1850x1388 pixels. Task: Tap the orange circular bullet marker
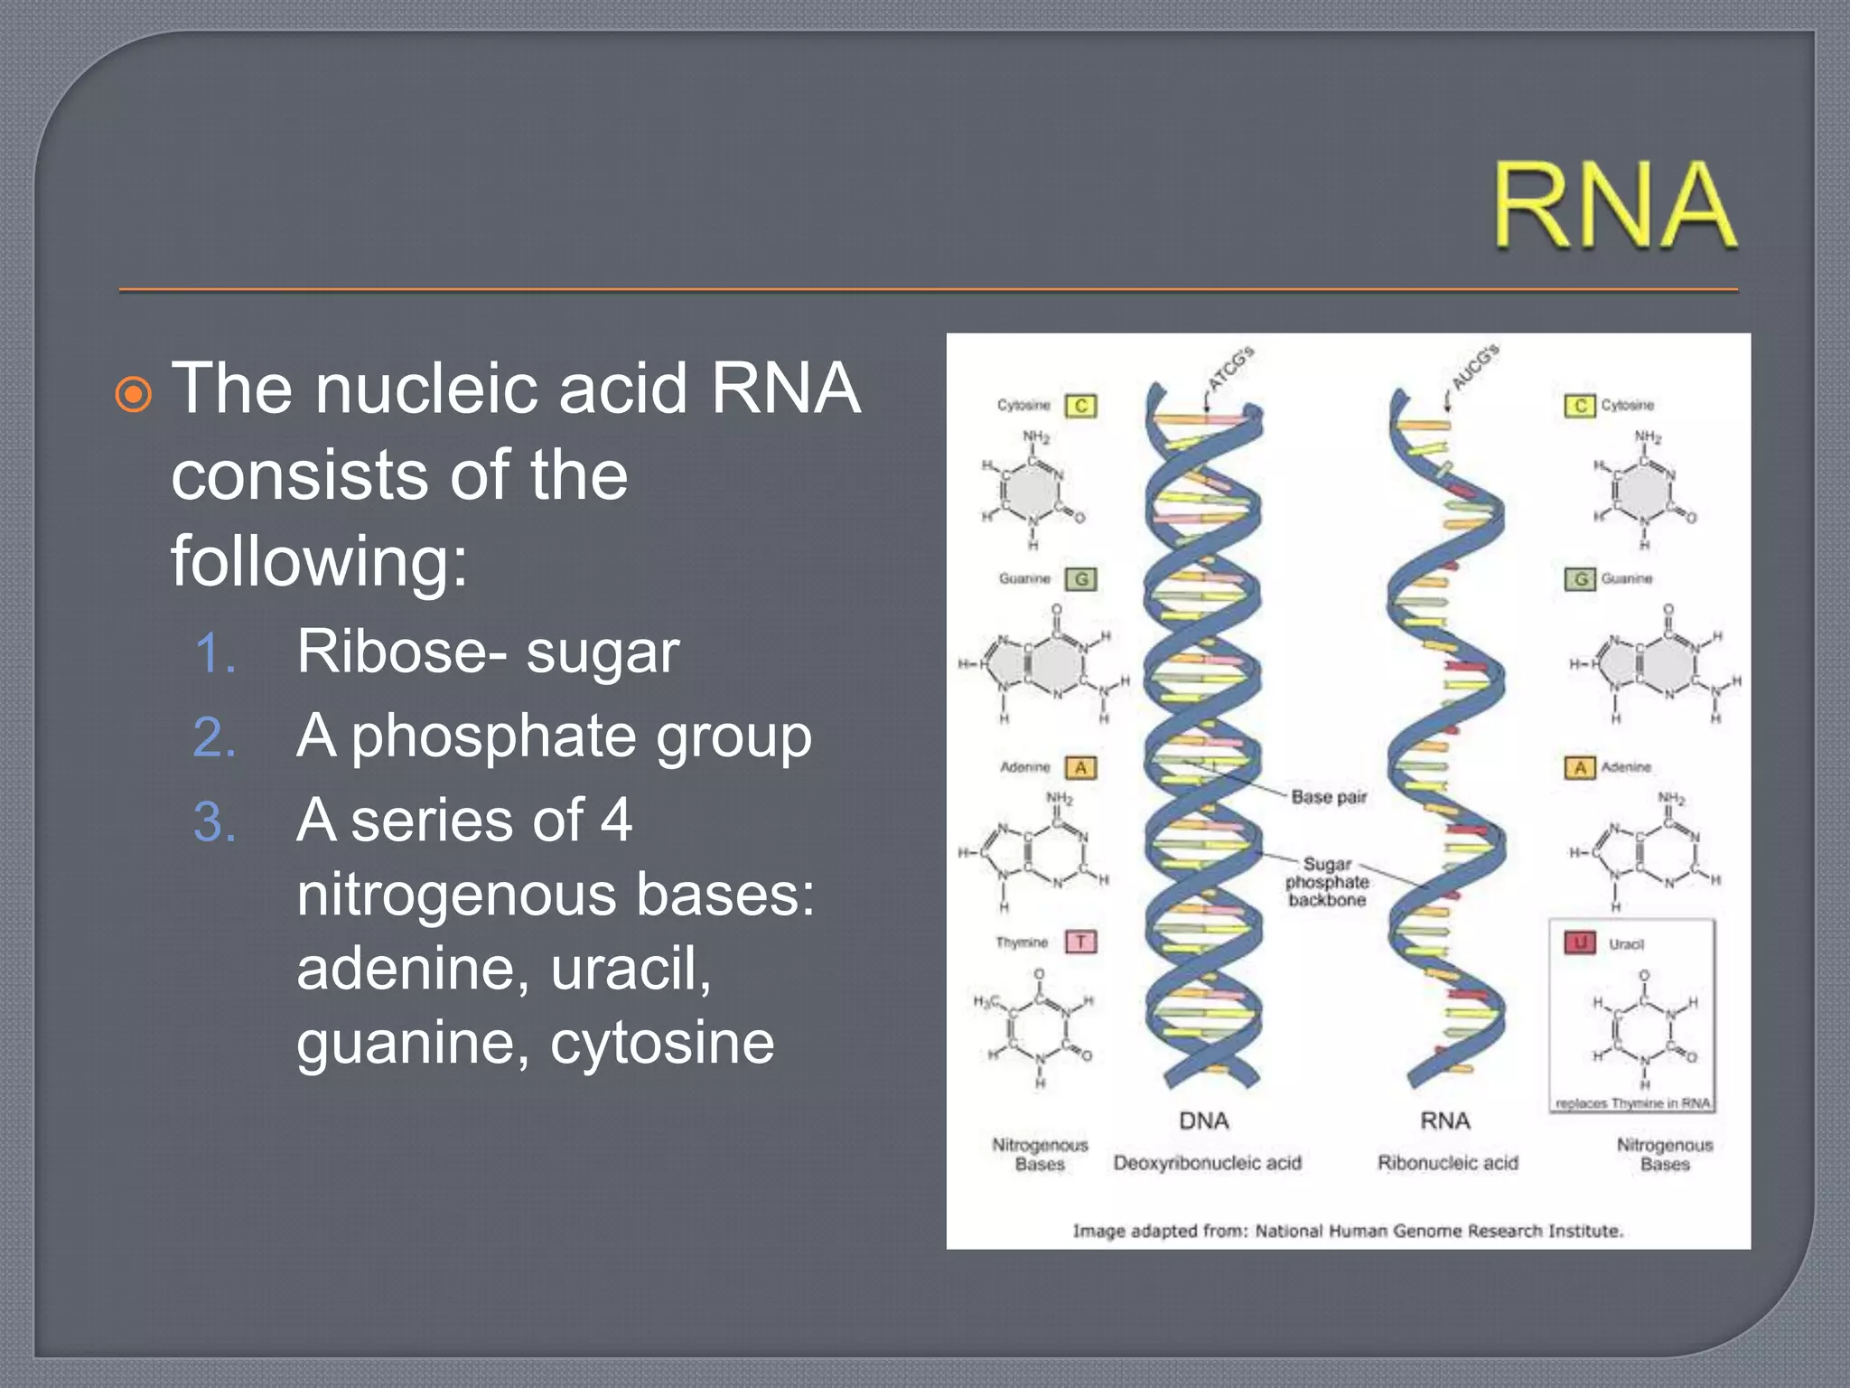click(134, 395)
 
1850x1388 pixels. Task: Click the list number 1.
click(215, 653)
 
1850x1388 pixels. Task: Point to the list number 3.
click(215, 822)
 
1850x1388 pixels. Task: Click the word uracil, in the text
click(631, 970)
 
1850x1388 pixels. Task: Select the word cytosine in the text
click(662, 1044)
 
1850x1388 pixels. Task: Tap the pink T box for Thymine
click(1080, 942)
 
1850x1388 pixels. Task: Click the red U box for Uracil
click(1580, 943)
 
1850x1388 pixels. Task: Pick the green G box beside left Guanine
click(1080, 578)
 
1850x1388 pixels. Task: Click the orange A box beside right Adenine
click(1580, 767)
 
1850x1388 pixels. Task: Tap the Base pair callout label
click(1328, 797)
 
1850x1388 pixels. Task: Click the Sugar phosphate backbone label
click(1327, 882)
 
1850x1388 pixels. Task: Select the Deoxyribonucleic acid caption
click(1207, 1163)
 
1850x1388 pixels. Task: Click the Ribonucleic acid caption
click(1447, 1163)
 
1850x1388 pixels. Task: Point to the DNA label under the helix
click(1203, 1121)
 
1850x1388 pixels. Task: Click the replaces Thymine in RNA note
click(1632, 1103)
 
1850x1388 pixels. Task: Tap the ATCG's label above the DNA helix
click(1230, 368)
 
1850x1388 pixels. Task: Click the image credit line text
click(1348, 1231)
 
